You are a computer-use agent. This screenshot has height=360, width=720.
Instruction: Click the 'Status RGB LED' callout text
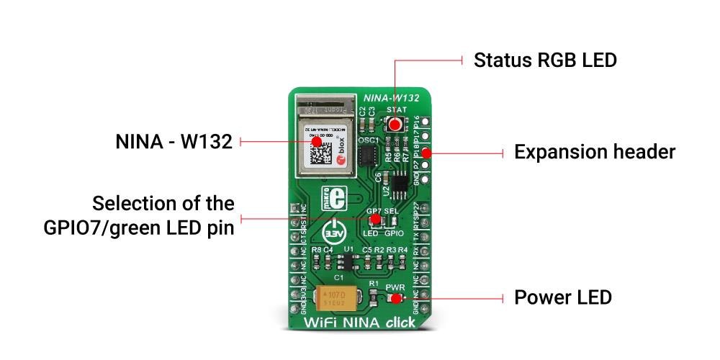point(545,60)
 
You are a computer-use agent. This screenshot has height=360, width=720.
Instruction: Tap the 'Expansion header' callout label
point(594,153)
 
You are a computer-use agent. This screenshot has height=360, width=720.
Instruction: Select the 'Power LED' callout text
point(562,297)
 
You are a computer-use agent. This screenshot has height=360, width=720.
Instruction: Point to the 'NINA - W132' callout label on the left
point(174,142)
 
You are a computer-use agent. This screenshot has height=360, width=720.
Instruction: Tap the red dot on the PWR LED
point(395,297)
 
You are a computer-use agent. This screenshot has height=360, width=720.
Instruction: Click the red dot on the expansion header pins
point(426,153)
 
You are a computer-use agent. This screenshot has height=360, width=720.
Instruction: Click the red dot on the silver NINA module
point(317,142)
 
